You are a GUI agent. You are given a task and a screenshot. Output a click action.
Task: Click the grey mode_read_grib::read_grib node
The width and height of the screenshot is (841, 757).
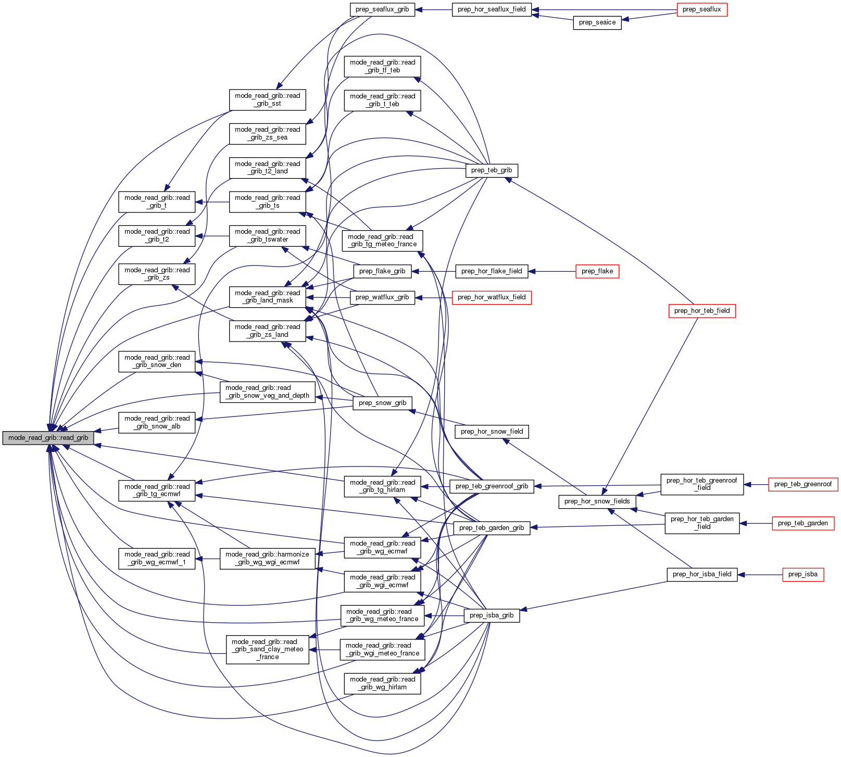pyautogui.click(x=48, y=438)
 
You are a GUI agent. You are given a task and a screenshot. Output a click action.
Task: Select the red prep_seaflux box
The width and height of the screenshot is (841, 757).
pyautogui.click(x=701, y=9)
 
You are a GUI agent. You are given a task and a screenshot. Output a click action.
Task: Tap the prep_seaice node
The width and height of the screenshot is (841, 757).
pyautogui.click(x=597, y=22)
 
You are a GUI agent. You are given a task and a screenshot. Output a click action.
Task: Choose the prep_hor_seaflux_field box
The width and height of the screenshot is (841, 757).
pyautogui.click(x=492, y=9)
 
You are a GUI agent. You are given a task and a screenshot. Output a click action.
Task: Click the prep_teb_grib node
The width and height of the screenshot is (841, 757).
pyautogui.click(x=491, y=170)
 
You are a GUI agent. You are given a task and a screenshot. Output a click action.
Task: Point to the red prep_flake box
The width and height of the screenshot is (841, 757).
pyautogui.click(x=597, y=271)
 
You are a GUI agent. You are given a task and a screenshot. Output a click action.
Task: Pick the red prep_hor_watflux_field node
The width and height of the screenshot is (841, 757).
pyautogui.click(x=491, y=297)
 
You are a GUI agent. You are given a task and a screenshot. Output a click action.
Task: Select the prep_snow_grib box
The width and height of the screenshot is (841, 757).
pyautogui.click(x=382, y=403)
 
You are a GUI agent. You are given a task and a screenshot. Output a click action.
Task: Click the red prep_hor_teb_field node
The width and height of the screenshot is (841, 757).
pyautogui.click(x=701, y=311)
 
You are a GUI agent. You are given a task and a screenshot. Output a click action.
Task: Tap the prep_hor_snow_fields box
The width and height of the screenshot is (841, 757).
pyautogui.click(x=597, y=501)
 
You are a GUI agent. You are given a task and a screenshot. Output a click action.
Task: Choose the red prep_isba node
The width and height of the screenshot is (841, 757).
pyautogui.click(x=802, y=574)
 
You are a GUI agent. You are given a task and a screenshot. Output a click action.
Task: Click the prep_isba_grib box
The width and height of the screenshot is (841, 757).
pyautogui.click(x=491, y=615)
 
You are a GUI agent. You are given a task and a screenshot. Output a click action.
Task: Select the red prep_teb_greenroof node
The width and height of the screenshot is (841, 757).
pyautogui.click(x=802, y=484)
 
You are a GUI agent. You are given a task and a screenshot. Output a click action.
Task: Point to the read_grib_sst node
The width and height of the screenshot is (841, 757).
pyautogui.click(x=267, y=99)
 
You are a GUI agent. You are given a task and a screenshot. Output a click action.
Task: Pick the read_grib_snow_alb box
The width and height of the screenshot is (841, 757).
pyautogui.click(x=157, y=422)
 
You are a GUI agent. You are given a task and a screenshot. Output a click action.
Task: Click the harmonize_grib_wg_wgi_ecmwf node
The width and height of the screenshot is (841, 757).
pyautogui.click(x=268, y=558)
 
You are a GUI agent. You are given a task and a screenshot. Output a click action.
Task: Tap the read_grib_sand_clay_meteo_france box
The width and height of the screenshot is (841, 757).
pyautogui.click(x=267, y=649)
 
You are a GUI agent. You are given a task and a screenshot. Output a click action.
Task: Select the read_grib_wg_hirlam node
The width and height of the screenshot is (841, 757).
pyautogui.click(x=382, y=683)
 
